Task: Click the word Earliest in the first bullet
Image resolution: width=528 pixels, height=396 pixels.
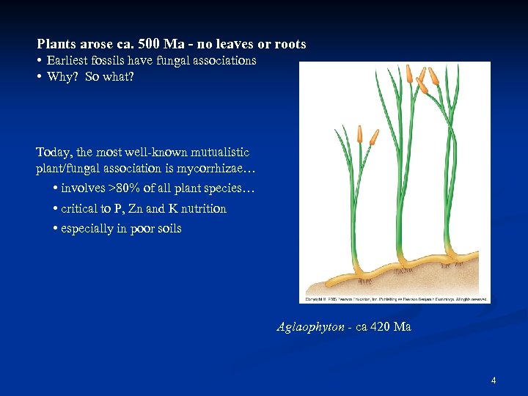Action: (70, 60)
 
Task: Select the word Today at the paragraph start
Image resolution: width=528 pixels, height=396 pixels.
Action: (54, 153)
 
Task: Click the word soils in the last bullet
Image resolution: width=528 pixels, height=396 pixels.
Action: (167, 229)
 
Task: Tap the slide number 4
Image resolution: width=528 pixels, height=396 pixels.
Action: (494, 381)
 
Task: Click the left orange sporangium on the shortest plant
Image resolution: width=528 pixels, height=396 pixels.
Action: (359, 133)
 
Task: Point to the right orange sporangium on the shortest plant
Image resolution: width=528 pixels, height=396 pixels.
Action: (374, 136)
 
